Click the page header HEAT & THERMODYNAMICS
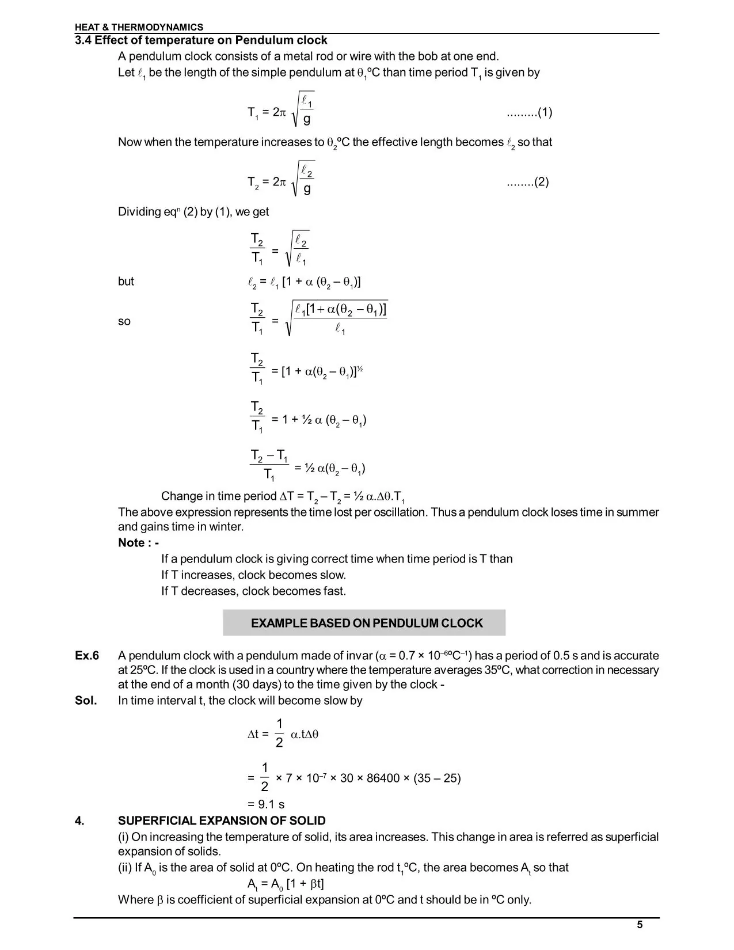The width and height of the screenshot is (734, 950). (139, 27)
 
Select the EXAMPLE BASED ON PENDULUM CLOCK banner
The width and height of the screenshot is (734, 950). (367, 623)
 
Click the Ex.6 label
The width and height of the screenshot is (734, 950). (87, 656)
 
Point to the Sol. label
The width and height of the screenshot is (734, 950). (86, 701)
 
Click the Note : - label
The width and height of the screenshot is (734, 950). (138, 543)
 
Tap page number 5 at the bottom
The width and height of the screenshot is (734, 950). (640, 925)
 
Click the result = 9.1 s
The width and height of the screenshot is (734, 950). (265, 804)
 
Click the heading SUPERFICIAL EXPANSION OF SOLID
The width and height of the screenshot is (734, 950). (222, 821)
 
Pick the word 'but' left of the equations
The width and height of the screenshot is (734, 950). (126, 282)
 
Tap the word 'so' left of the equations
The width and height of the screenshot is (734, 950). (124, 321)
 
